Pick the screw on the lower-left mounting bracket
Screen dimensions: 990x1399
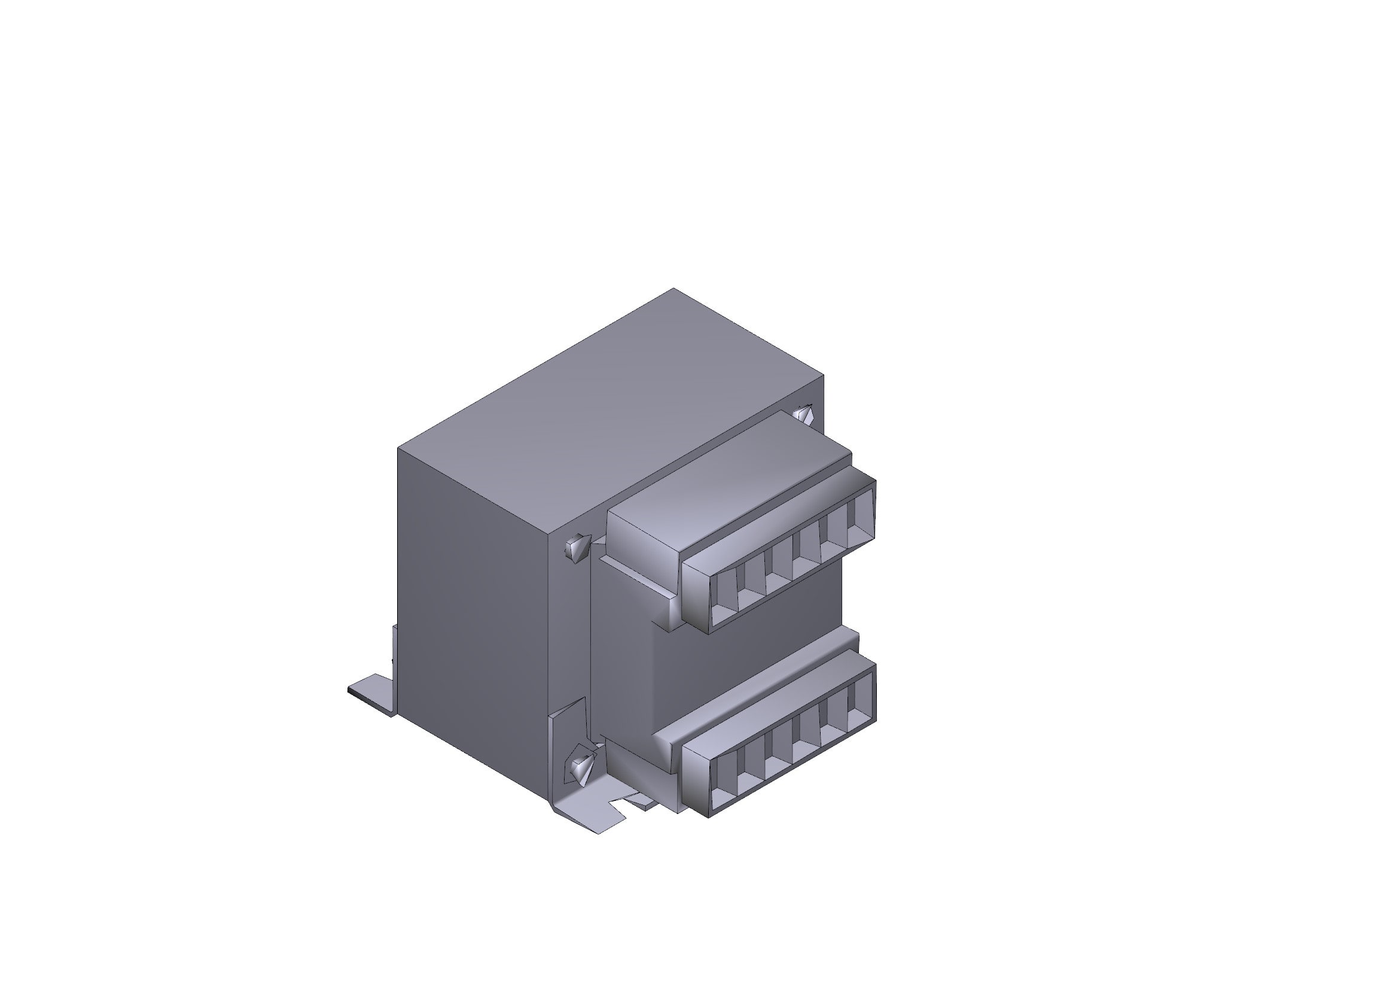click(x=579, y=766)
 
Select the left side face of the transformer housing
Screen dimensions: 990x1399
click(x=476, y=609)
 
